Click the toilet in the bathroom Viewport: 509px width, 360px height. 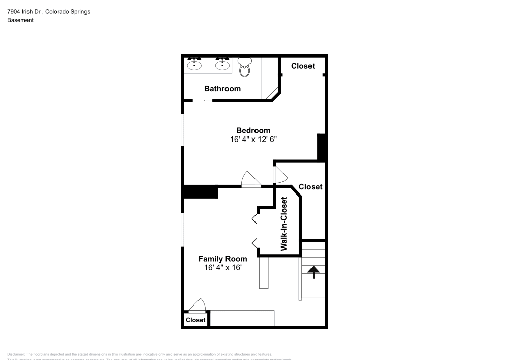tap(245, 66)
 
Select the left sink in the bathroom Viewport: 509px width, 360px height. tap(194, 64)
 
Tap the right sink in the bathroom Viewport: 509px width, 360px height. tap(222, 64)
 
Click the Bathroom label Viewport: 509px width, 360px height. tap(222, 89)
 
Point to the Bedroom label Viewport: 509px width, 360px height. tap(253, 130)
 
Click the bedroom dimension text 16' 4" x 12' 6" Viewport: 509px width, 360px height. tap(253, 139)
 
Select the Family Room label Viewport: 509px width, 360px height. tap(222, 259)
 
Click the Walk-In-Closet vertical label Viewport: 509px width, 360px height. tap(284, 224)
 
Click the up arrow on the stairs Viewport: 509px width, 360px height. tap(314, 272)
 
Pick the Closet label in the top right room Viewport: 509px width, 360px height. tap(303, 66)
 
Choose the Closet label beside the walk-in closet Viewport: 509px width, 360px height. tap(310, 187)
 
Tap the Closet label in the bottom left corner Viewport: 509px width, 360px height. tap(195, 320)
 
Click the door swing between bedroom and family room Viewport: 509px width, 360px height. tap(251, 180)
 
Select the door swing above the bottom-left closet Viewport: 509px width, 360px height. tap(196, 304)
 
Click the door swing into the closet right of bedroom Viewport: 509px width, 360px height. tap(280, 174)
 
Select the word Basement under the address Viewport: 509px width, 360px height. tap(20, 20)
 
